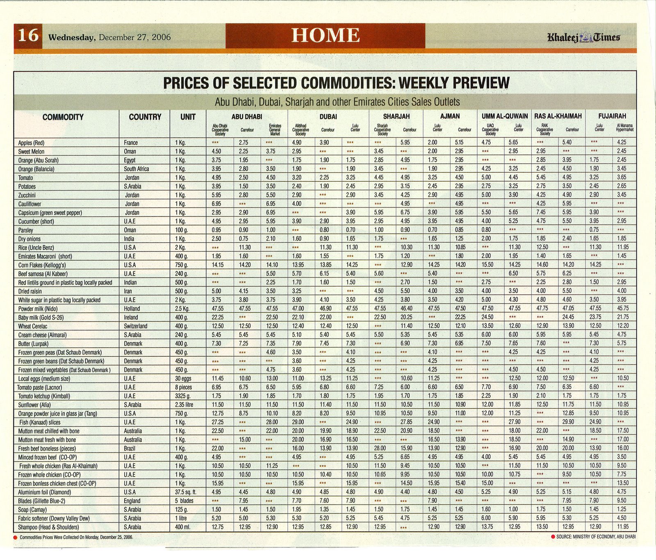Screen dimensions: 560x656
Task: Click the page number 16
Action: coord(28,36)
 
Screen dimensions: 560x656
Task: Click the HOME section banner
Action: coord(326,36)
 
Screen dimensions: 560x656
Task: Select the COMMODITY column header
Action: coord(63,117)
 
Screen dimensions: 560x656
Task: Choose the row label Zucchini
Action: coord(27,196)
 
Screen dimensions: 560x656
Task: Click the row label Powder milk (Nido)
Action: coord(38,309)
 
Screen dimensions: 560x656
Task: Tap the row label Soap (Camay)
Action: coord(30,510)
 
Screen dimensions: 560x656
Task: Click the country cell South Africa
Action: coord(137,169)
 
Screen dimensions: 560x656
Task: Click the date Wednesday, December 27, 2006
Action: coord(109,37)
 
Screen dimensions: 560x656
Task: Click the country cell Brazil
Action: coord(131,448)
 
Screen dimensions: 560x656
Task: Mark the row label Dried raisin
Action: coord(30,291)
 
